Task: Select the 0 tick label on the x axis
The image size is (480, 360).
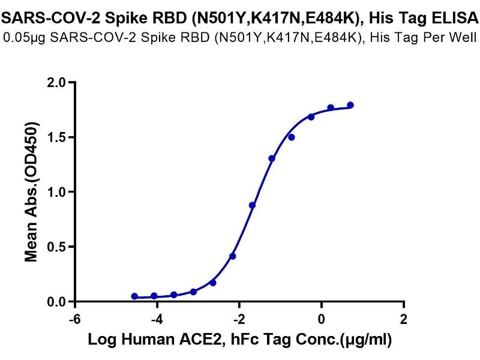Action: click(322, 318)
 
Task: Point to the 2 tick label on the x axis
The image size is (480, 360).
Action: click(404, 318)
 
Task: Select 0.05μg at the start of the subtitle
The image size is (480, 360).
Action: click(23, 38)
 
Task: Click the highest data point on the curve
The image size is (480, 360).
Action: click(350, 105)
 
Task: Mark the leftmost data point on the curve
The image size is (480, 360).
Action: click(134, 296)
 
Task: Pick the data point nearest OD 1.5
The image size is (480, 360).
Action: click(292, 137)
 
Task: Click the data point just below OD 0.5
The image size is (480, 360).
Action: click(233, 256)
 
